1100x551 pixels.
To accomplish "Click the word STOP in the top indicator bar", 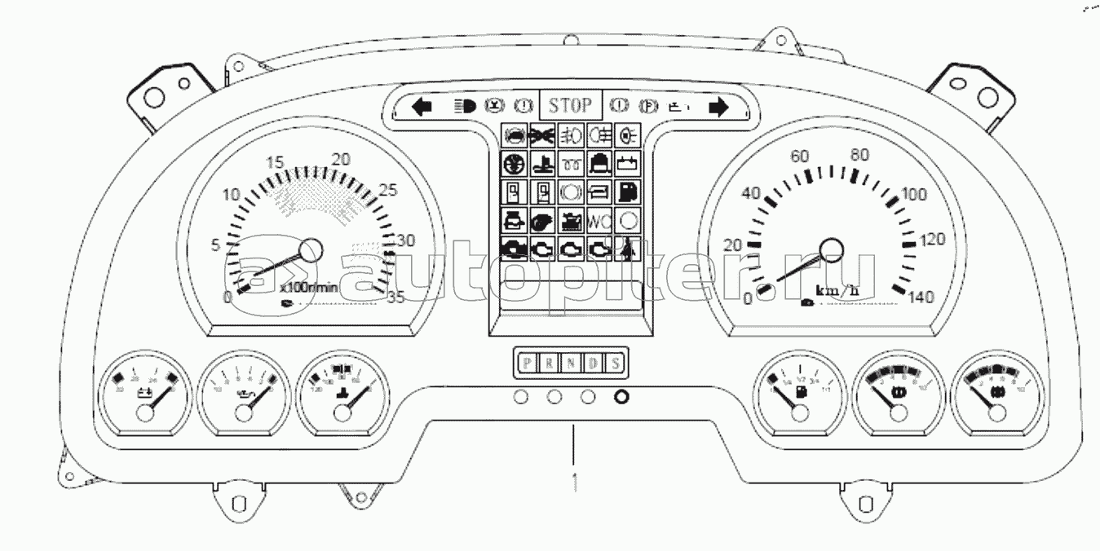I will click(570, 106).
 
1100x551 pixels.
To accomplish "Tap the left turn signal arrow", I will click(421, 107).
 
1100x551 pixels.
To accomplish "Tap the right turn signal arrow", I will click(718, 108).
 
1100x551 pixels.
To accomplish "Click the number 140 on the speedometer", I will click(921, 298).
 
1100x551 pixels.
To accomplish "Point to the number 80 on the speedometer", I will click(859, 155).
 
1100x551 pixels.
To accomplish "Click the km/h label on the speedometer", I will click(837, 290).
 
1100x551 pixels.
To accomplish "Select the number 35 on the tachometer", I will click(395, 298).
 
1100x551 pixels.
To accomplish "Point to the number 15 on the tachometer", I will click(275, 162).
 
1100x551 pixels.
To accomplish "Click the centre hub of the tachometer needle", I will click(311, 250).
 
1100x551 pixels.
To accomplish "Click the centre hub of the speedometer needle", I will click(831, 249).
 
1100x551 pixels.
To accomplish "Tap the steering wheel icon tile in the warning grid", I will click(515, 162).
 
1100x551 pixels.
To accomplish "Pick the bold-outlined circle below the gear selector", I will click(621, 398).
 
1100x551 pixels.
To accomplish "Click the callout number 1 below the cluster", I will click(576, 479).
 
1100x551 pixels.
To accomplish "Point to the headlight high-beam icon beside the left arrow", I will click(464, 107).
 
